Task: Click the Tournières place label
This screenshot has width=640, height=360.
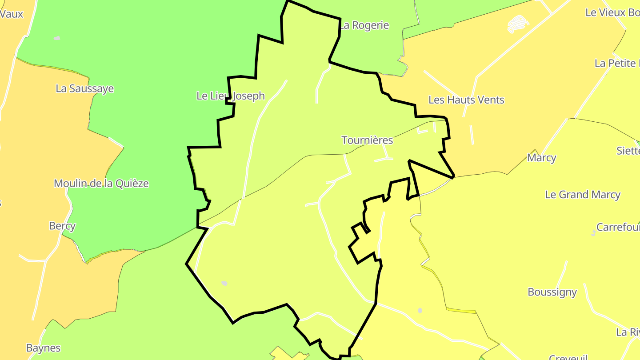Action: [367, 140]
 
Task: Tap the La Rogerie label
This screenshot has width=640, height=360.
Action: [364, 26]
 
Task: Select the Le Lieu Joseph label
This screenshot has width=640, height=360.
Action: [231, 96]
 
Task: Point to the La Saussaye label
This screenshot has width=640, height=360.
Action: [84, 89]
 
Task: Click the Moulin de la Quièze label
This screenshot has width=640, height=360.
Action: [101, 184]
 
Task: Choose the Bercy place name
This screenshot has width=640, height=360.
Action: [62, 226]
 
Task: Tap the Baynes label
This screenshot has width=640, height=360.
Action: [43, 348]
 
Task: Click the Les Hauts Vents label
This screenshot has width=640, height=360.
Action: [466, 100]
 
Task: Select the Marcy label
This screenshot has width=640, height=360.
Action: [541, 158]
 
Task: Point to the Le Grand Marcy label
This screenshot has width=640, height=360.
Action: [582, 195]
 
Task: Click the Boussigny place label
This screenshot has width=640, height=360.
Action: [552, 292]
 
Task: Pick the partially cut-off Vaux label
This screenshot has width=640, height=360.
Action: [12, 14]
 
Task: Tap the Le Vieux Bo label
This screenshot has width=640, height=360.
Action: [612, 12]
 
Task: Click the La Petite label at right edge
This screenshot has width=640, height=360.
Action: [617, 64]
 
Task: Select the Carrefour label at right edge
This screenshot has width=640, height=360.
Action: [618, 228]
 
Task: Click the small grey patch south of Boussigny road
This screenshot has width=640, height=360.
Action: [420, 310]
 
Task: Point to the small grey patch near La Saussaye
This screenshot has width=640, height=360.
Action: [57, 38]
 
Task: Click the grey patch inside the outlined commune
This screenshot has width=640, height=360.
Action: [224, 283]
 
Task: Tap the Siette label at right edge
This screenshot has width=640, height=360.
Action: [628, 151]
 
